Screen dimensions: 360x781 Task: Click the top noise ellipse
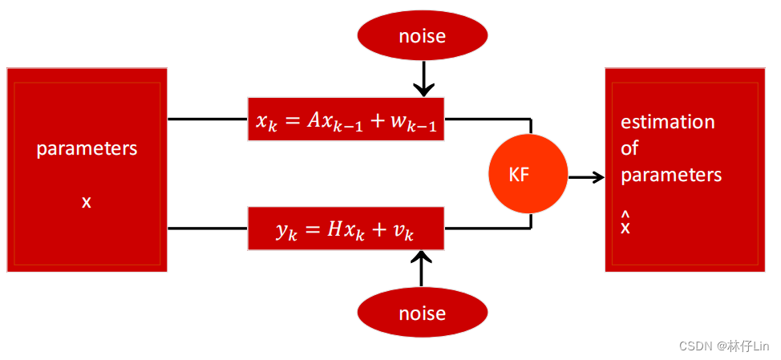pos(422,36)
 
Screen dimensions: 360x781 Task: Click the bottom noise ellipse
pos(422,313)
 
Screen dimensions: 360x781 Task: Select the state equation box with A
pos(346,119)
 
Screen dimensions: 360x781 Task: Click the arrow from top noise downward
pos(423,80)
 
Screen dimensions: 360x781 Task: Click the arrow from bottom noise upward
pos(421,269)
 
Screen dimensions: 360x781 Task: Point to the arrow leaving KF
pos(586,177)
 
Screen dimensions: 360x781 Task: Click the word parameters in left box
pos(87,149)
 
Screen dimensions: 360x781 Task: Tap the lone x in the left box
pos(87,202)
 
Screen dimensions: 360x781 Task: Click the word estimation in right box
pos(668,123)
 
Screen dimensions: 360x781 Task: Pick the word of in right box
pos(629,148)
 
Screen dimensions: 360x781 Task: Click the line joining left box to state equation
pos(208,119)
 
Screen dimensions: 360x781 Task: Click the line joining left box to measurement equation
pos(208,229)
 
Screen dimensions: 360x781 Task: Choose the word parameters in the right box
pos(671,175)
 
